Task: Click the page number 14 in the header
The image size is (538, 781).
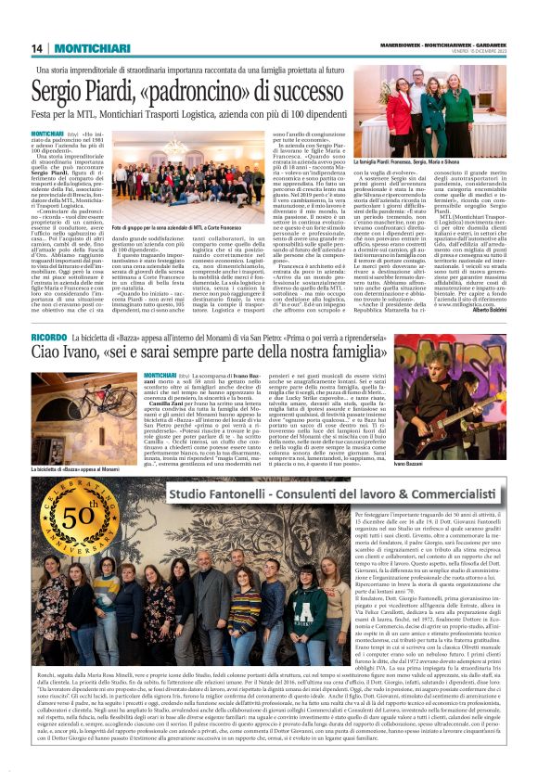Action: (36, 48)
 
